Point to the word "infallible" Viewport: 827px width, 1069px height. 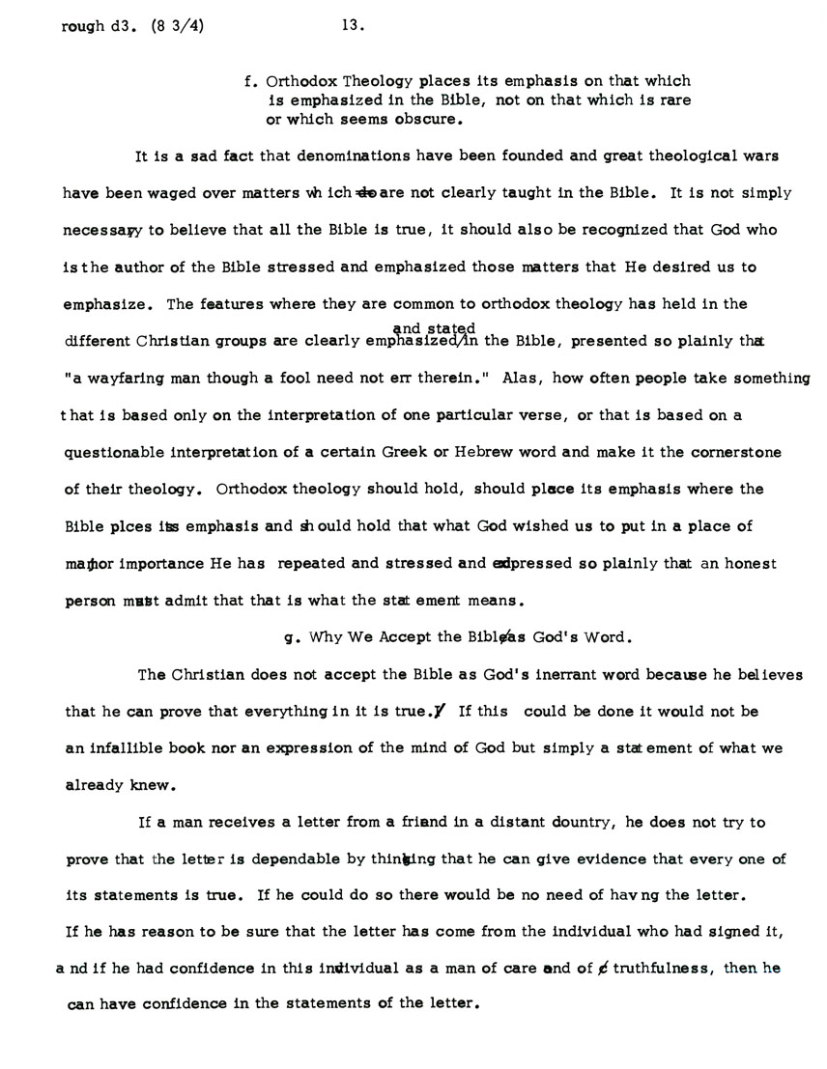point(126,748)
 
